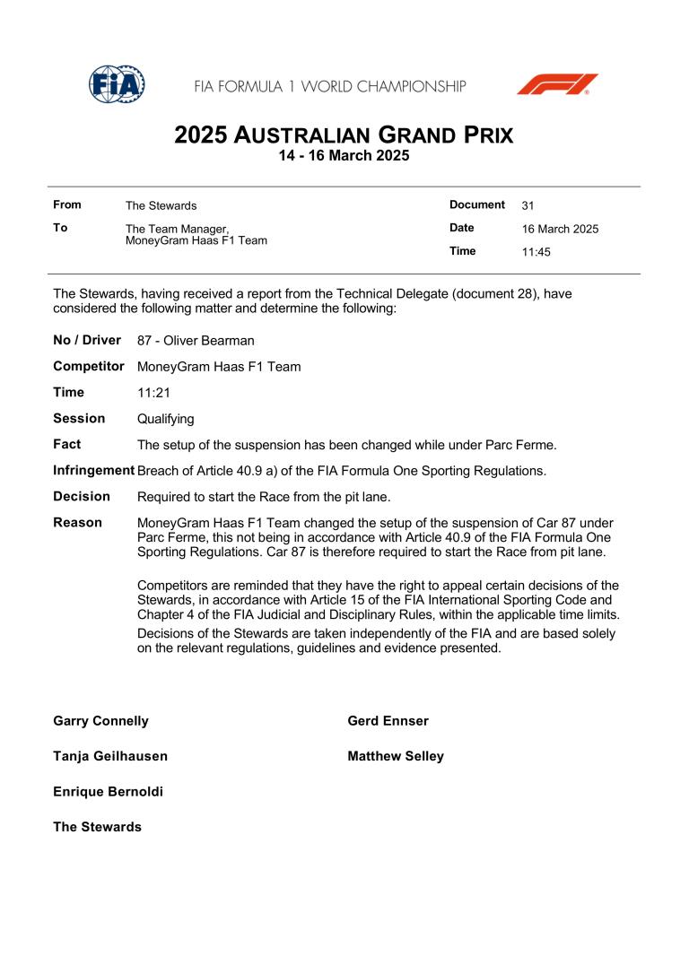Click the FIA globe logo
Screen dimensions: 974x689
(x=118, y=84)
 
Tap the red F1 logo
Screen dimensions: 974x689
(x=557, y=84)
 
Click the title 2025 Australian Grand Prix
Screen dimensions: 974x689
(x=344, y=135)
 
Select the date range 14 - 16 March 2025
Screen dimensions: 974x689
(x=344, y=156)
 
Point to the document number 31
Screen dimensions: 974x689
(x=528, y=205)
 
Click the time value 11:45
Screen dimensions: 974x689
(x=536, y=252)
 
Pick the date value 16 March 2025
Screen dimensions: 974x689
(x=560, y=229)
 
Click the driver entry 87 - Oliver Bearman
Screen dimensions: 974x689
(x=196, y=341)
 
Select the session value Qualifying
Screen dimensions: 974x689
(x=166, y=419)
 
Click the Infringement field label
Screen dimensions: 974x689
(x=94, y=470)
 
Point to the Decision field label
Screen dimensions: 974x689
(x=82, y=496)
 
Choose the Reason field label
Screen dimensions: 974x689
(x=77, y=522)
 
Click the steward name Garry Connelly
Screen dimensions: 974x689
(x=101, y=721)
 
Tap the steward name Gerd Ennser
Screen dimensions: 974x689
(x=388, y=721)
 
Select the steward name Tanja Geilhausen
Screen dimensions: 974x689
(x=110, y=756)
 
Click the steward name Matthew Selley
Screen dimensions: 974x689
(x=396, y=756)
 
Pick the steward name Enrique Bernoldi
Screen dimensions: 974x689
(x=108, y=792)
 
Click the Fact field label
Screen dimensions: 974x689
(x=67, y=444)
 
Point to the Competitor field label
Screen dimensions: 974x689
(x=89, y=366)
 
